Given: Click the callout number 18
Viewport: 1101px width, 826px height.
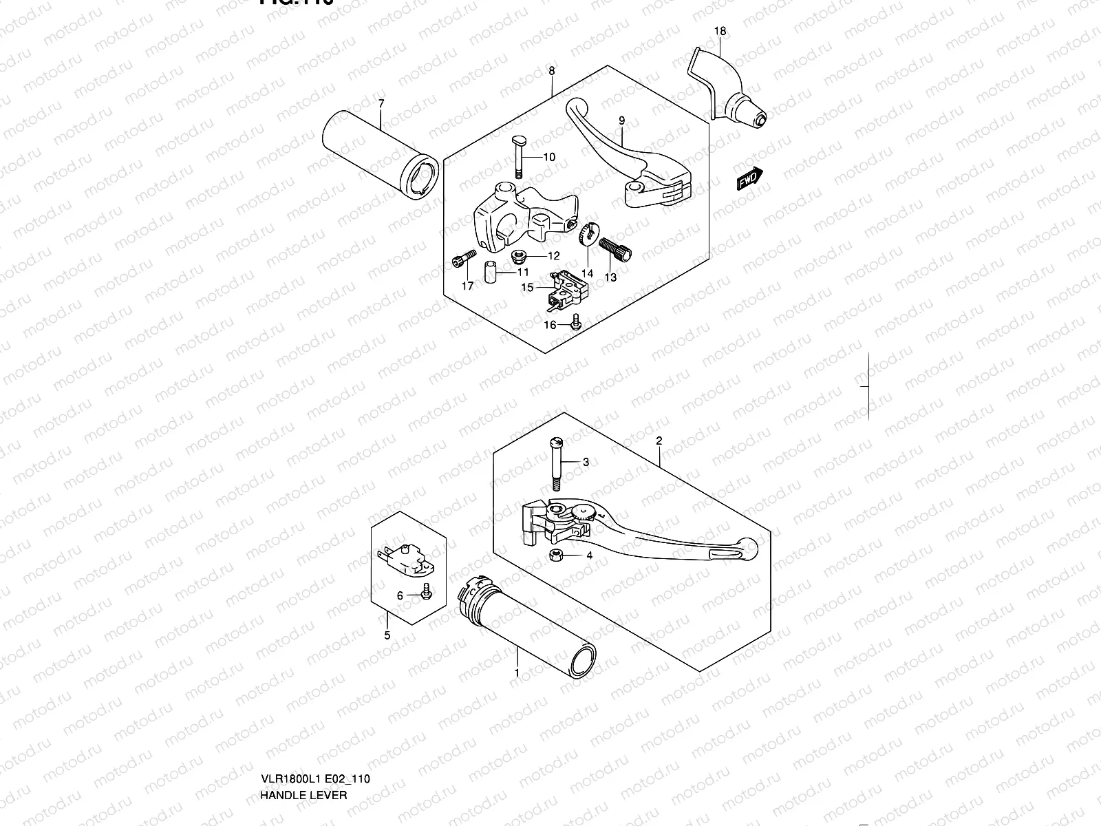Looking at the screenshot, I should (720, 31).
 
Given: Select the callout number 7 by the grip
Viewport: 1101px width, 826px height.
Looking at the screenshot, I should (381, 103).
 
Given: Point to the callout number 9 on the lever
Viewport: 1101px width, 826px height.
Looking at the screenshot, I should (621, 121).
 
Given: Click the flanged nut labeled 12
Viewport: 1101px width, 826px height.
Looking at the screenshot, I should (519, 257).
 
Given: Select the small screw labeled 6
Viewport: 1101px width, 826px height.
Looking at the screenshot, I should (425, 589).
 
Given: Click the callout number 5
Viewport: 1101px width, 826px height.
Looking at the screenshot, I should (387, 635).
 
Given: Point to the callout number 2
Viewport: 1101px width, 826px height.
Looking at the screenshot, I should (659, 440).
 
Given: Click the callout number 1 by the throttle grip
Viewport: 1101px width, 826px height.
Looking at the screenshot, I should (517, 672).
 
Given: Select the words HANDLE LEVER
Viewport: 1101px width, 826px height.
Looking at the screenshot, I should (303, 737).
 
